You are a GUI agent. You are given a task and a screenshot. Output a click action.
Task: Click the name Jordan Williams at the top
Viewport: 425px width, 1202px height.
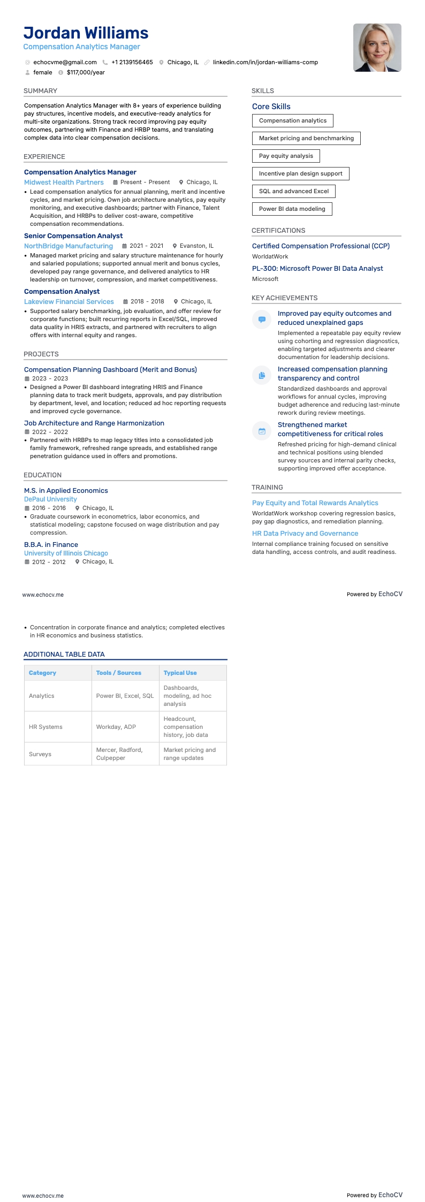pyautogui.click(x=86, y=33)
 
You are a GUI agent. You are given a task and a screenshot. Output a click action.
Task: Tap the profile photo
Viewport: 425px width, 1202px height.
pyautogui.click(x=377, y=48)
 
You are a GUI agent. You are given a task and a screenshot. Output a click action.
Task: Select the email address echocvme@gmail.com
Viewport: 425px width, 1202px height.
pyautogui.click(x=65, y=62)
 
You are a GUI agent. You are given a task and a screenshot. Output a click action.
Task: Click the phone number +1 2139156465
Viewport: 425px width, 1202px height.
pyautogui.click(x=132, y=62)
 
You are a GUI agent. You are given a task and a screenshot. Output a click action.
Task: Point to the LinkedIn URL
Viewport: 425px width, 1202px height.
pyautogui.click(x=265, y=62)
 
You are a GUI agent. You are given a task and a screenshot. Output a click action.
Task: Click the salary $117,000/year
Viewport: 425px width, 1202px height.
pyautogui.click(x=86, y=72)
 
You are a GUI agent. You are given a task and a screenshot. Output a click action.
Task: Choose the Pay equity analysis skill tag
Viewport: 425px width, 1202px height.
pyautogui.click(x=286, y=156)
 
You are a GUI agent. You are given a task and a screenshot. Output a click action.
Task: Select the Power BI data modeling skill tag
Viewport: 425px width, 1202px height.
pyautogui.click(x=292, y=209)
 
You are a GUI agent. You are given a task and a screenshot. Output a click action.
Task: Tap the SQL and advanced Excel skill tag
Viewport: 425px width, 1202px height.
pyautogui.click(x=293, y=191)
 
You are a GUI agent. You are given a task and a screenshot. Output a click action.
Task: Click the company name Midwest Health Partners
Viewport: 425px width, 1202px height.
pyautogui.click(x=64, y=182)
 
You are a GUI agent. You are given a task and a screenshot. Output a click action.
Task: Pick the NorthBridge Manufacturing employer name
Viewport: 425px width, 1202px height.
pyautogui.click(x=69, y=246)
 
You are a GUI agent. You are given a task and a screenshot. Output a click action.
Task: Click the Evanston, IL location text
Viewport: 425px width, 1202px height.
pyautogui.click(x=196, y=246)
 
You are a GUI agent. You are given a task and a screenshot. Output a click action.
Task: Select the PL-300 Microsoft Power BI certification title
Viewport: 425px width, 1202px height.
pyautogui.click(x=317, y=269)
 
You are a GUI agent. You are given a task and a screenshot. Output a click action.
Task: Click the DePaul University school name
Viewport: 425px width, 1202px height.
pyautogui.click(x=50, y=499)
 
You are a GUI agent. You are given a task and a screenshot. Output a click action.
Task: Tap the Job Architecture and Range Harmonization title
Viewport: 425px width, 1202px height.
pyautogui.click(x=94, y=423)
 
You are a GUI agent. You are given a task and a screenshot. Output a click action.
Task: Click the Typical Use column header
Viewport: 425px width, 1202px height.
pyautogui.click(x=180, y=673)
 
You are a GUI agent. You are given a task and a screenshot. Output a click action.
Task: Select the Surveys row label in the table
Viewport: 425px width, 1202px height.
pyautogui.click(x=40, y=754)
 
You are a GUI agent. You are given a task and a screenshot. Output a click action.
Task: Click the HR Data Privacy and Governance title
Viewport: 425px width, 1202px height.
pyautogui.click(x=305, y=534)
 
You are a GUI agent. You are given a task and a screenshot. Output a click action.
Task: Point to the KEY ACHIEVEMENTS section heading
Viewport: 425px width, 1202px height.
pyautogui.click(x=284, y=298)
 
